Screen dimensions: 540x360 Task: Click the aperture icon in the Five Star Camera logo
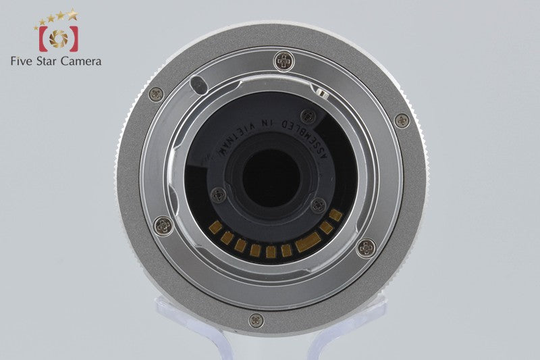[59, 38]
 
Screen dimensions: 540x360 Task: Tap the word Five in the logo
[22, 61]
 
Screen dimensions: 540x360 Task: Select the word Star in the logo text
[47, 61]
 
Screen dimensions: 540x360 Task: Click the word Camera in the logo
[81, 61]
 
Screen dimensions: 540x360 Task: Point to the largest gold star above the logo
[72, 14]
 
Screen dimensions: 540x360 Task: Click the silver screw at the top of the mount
[283, 61]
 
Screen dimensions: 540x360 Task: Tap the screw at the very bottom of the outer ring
[256, 320]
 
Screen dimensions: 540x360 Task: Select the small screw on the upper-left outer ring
[157, 94]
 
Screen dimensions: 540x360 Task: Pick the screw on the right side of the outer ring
[402, 121]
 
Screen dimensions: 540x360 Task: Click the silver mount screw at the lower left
[163, 226]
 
